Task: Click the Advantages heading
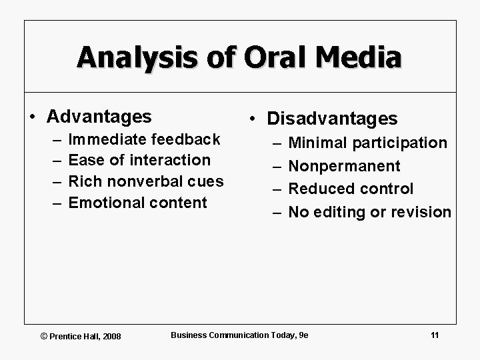[99, 117]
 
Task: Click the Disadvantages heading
[332, 119]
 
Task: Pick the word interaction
[170, 160]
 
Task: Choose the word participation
[399, 143]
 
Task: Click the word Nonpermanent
[344, 166]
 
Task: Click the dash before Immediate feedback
[54, 140]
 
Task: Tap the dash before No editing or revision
[273, 213]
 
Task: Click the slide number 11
[435, 335]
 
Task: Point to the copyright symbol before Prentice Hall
[45, 336]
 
